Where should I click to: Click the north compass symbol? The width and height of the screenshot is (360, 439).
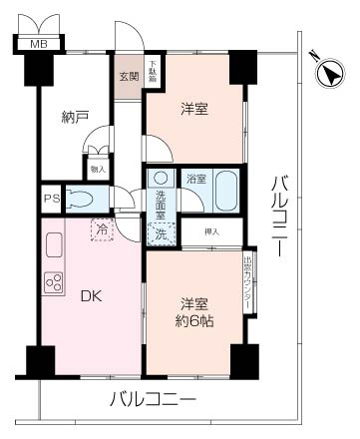(x=330, y=71)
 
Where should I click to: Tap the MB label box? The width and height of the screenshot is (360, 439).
(x=38, y=44)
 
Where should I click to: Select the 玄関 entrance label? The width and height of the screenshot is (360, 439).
(x=129, y=76)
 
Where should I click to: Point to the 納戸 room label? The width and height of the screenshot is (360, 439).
(x=75, y=118)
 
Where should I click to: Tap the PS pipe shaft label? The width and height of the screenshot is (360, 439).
(x=50, y=198)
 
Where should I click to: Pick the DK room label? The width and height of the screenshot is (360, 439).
(x=89, y=295)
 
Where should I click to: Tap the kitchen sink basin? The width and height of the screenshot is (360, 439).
(x=54, y=242)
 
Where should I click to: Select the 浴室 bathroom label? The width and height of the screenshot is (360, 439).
(x=196, y=180)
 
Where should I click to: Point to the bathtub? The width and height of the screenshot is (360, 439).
(x=226, y=188)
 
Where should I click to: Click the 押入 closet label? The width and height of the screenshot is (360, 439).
(x=211, y=232)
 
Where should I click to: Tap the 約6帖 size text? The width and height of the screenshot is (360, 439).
(x=195, y=320)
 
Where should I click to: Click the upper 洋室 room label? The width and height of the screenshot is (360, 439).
(x=194, y=109)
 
